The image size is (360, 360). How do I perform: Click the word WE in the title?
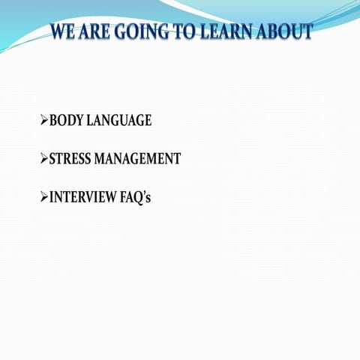click(64, 32)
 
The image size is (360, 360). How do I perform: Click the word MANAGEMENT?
click(142, 159)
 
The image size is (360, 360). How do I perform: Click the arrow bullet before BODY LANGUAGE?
click(43, 120)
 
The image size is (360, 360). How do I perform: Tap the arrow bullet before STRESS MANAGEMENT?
click(43, 159)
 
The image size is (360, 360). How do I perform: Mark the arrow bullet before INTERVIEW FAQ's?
click(43, 198)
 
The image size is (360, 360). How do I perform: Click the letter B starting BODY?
click(53, 120)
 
